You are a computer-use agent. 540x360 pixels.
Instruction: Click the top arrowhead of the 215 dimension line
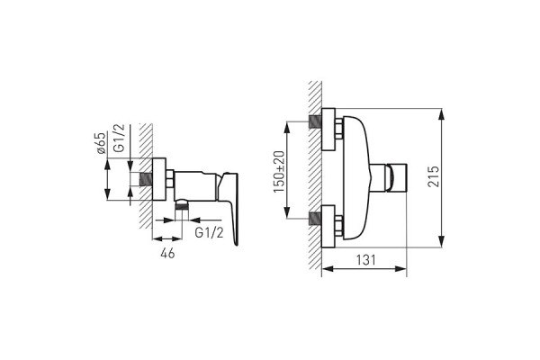(444, 112)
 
